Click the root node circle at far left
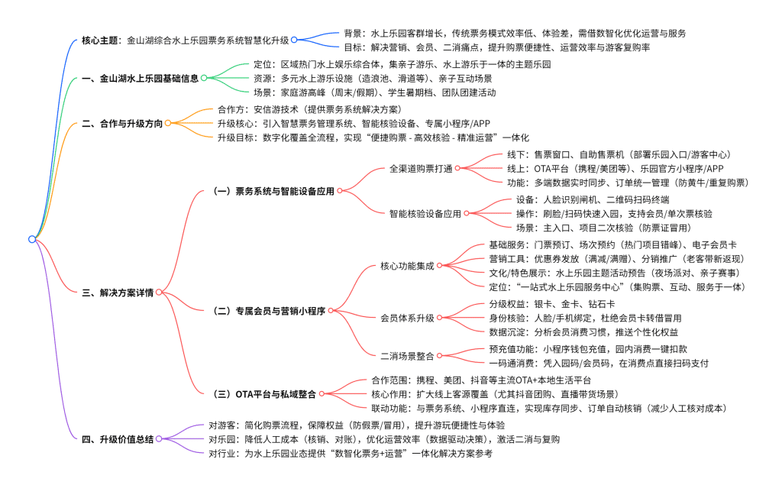tap(31, 239)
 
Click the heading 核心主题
tap(100, 40)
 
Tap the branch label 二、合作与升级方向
tap(122, 123)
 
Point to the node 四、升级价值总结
tap(118, 439)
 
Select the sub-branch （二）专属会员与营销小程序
tap(269, 311)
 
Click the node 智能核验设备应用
tap(425, 214)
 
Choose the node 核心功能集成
tap(407, 267)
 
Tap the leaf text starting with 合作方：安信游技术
tap(299, 109)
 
